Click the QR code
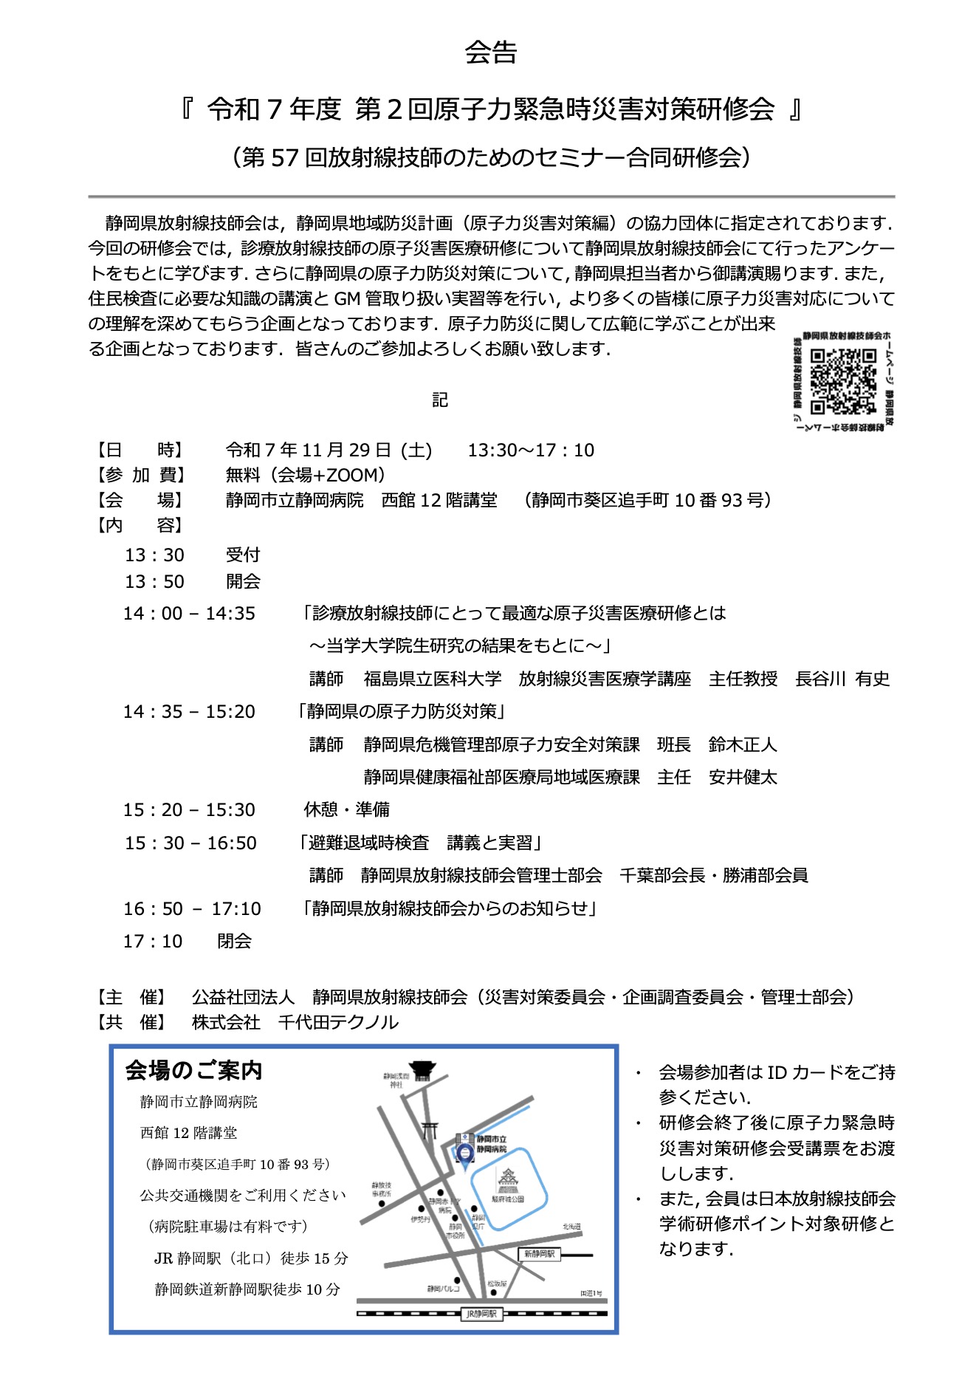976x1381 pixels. click(842, 381)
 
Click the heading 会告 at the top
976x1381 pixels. click(491, 52)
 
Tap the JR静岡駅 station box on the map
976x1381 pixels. click(481, 1314)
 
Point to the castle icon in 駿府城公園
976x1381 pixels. click(509, 1180)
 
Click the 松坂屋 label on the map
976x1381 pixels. click(497, 1284)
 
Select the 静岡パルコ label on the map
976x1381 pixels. click(443, 1289)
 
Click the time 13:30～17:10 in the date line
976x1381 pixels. click(531, 450)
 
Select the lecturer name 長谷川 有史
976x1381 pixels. click(842, 679)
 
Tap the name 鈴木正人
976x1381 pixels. click(743, 744)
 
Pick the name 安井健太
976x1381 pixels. click(743, 777)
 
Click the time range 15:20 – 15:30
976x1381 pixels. click(189, 809)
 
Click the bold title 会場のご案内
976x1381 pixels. click(194, 1070)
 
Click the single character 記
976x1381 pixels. click(440, 400)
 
